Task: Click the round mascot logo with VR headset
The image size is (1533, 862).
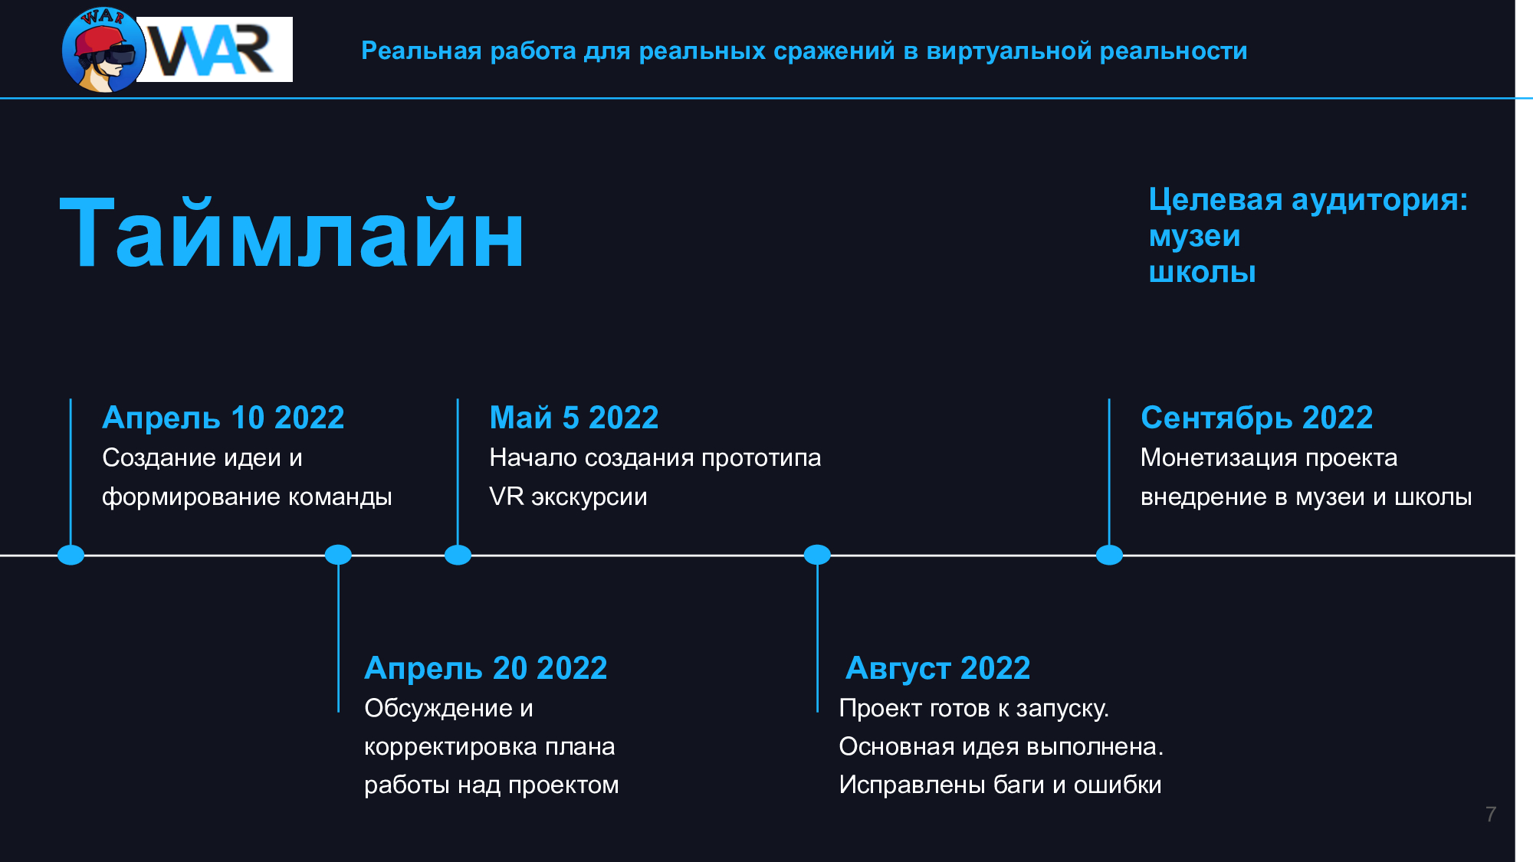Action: click(x=104, y=51)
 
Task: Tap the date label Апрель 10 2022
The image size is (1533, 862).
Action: click(x=223, y=418)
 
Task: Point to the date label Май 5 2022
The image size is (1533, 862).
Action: click(x=574, y=418)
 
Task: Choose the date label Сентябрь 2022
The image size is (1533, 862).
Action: click(x=1256, y=418)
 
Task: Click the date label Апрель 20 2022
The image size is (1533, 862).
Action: click(x=486, y=668)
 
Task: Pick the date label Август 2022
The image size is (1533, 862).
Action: click(x=937, y=668)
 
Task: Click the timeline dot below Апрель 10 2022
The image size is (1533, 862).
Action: click(x=71, y=555)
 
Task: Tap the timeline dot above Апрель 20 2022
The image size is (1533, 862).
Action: click(x=338, y=555)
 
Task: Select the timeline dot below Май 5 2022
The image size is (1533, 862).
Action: click(x=458, y=555)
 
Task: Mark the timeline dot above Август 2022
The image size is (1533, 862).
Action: click(x=817, y=555)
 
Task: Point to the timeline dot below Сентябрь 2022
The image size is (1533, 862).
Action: click(x=1109, y=555)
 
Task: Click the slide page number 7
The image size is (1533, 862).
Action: click(x=1490, y=814)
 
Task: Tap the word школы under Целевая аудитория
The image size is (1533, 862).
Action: click(x=1202, y=272)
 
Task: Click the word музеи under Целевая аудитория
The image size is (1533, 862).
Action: click(x=1194, y=236)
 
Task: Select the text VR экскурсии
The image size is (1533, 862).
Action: click(x=568, y=497)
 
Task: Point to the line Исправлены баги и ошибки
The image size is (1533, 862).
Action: click(x=1000, y=785)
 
